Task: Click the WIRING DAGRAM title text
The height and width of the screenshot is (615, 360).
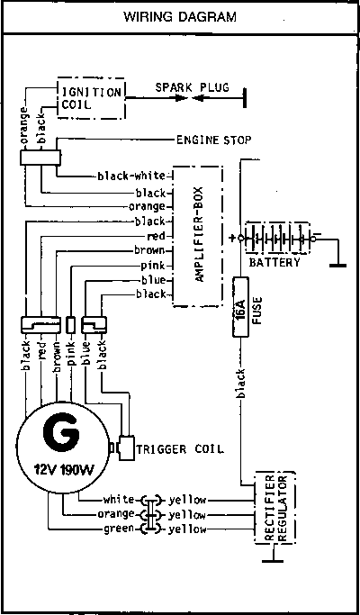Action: pos(180,17)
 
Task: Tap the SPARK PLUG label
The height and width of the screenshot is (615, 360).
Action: pos(192,87)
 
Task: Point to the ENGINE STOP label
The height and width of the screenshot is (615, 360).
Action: pos(213,140)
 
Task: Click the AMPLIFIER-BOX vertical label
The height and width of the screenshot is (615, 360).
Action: pos(200,234)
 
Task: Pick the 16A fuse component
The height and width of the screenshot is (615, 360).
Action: pos(241,307)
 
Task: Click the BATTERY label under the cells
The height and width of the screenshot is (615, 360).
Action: pos(274,262)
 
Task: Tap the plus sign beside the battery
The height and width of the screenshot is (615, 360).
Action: pos(232,238)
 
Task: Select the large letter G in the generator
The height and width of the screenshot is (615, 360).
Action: pos(61,435)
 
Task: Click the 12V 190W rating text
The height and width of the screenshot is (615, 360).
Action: pos(63,469)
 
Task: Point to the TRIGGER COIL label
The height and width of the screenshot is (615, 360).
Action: pos(180,448)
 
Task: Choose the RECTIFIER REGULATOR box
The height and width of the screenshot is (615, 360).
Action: pos(274,508)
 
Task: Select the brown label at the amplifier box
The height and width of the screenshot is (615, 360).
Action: pos(149,250)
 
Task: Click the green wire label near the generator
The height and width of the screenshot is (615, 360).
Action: pos(119,529)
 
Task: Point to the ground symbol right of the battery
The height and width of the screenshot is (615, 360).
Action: pos(337,265)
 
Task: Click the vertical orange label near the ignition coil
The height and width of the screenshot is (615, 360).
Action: pos(24,125)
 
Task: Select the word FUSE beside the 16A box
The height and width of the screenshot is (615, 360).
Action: pos(256,310)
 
